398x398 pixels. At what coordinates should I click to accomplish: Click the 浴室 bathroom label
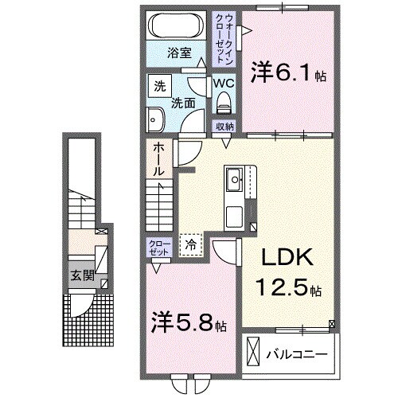pos(179,53)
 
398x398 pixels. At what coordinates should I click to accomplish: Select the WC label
pos(223,82)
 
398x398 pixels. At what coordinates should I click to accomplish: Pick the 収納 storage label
pos(224,127)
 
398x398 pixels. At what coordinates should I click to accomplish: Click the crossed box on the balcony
pos(254,351)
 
